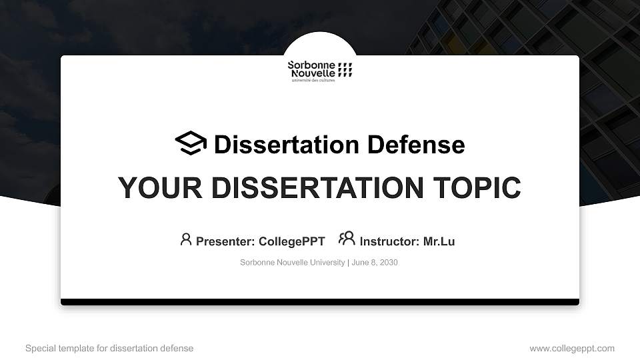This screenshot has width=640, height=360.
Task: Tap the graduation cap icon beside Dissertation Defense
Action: pos(191,143)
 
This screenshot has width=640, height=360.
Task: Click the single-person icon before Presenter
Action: pos(186,239)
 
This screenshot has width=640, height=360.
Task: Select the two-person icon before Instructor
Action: pos(347,239)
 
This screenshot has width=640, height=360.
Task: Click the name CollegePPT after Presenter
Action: pos(291,241)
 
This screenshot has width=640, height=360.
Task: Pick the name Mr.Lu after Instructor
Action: pos(439,241)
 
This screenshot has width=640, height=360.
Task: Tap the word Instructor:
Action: pos(389,241)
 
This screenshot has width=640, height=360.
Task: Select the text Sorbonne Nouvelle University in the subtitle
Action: pos(292,263)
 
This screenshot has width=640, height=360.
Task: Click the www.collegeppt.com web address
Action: pos(572,348)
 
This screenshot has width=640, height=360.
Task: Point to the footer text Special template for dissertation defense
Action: pos(109,348)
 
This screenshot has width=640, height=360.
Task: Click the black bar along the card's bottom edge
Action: pos(320,302)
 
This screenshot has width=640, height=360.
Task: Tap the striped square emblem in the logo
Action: pos(345,69)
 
